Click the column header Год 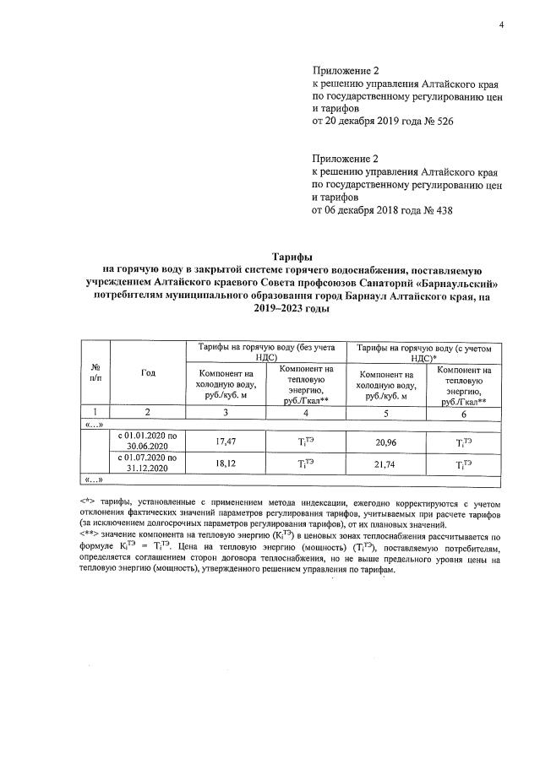pyautogui.click(x=148, y=372)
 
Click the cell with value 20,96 pyautogui.click(x=386, y=440)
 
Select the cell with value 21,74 pyautogui.click(x=386, y=463)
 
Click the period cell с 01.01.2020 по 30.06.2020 pyautogui.click(x=148, y=440)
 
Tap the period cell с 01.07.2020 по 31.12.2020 pyautogui.click(x=148, y=463)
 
